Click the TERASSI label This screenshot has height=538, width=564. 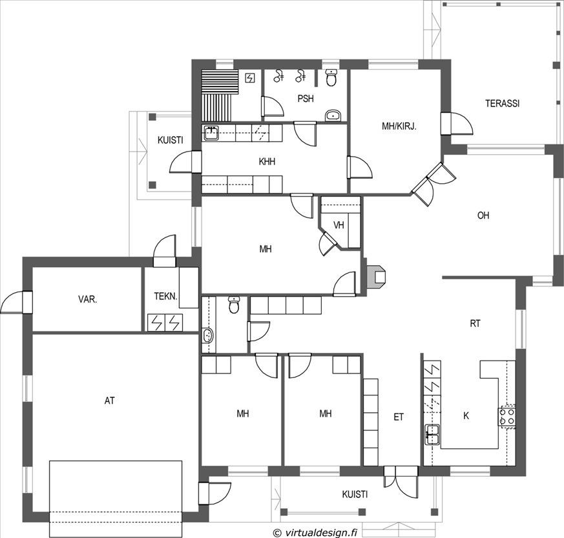502,103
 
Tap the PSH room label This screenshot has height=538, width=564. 306,99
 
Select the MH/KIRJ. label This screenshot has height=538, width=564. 399,126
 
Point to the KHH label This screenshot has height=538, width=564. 267,162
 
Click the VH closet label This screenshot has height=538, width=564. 339,225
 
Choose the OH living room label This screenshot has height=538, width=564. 483,215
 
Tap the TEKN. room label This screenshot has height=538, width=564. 165,296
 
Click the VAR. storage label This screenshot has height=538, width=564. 87,299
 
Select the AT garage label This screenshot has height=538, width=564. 109,401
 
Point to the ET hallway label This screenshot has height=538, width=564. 399,417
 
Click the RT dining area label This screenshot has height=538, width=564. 475,324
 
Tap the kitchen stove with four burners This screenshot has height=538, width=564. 507,416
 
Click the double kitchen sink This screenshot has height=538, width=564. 432,435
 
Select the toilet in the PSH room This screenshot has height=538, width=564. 331,77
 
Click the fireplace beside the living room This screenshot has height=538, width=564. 376,277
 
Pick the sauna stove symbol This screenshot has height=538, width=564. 250,77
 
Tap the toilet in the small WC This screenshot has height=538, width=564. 234,305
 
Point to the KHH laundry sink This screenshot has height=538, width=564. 211,133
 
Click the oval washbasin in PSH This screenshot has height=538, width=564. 333,115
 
